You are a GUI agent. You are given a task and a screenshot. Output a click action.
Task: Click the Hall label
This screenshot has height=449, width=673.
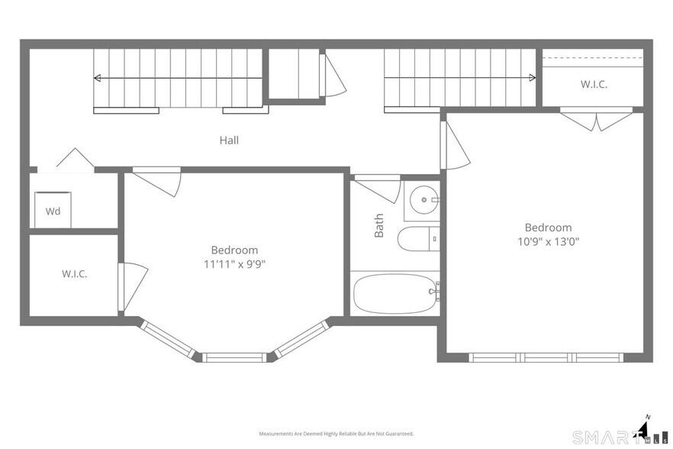tap(229, 140)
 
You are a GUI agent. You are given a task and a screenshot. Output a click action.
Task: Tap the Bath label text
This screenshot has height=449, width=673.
tap(379, 225)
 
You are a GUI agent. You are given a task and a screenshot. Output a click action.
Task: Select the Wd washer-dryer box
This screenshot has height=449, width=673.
tap(53, 210)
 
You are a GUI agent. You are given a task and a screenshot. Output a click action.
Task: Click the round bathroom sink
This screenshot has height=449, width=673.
tap(423, 200)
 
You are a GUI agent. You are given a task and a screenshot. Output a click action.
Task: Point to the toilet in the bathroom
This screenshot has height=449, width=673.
tap(418, 238)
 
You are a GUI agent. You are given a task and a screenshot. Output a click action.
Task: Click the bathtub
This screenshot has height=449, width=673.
tap(396, 294)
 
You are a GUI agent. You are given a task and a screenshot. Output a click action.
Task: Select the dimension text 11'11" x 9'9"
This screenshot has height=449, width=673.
tap(234, 263)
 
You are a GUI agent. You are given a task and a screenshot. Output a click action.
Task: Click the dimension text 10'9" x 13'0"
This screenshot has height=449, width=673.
tap(548, 241)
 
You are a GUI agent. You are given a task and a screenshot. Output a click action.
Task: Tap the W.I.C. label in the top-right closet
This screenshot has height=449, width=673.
tap(594, 84)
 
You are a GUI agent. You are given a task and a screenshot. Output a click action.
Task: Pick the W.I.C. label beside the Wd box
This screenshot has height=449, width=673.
tap(75, 273)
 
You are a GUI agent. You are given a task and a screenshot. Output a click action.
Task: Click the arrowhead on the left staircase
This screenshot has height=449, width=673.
tap(98, 78)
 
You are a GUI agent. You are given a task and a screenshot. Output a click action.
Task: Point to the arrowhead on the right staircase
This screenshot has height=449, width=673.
tap(533, 78)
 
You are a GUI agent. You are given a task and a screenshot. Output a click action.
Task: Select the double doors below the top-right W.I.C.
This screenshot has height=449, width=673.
tap(596, 119)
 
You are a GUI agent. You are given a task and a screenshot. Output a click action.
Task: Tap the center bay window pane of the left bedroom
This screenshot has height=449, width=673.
tap(234, 357)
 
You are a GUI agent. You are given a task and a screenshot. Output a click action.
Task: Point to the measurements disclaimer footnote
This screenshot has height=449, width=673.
tap(336, 434)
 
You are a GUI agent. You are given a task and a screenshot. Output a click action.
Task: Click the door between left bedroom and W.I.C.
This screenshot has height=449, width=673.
tap(133, 286)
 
